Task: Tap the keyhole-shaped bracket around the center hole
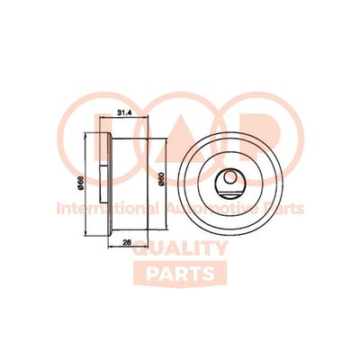232,188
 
